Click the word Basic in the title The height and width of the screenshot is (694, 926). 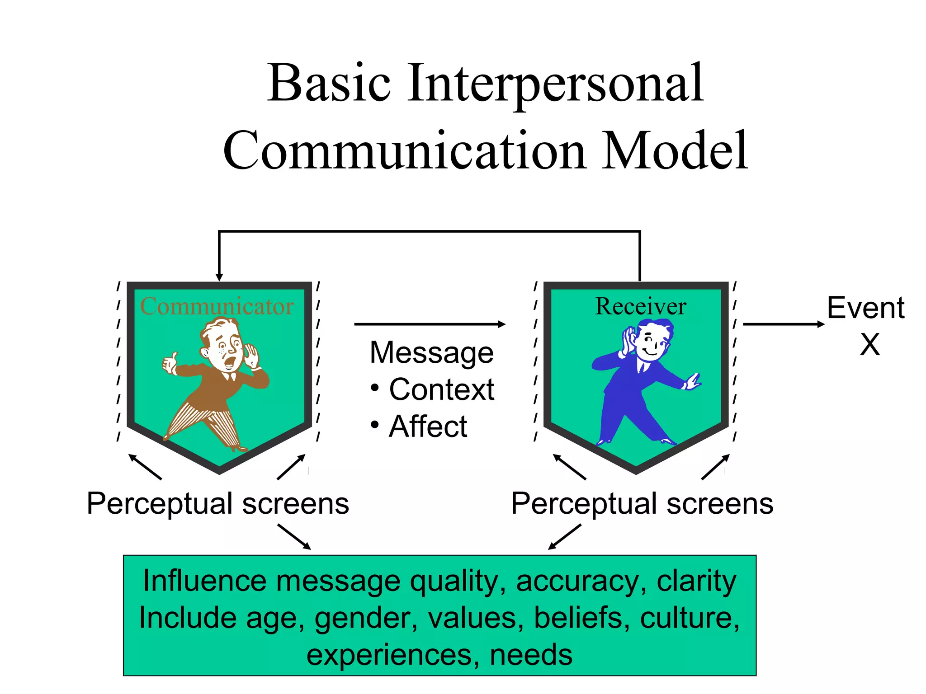coord(329,84)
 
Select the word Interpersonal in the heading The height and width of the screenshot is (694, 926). coord(556,84)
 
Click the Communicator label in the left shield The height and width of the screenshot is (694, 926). coord(217,306)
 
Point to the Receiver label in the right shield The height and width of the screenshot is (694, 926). coord(640,306)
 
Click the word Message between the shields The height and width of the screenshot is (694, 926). coord(431,352)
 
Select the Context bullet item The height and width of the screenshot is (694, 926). coord(441,389)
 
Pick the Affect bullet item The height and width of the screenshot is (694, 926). coord(428,427)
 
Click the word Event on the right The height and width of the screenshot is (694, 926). coord(865,308)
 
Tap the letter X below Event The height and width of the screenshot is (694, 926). coord(869,345)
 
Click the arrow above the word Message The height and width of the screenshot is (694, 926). coord(430,324)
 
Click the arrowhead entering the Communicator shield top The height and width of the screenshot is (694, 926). coord(219,277)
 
